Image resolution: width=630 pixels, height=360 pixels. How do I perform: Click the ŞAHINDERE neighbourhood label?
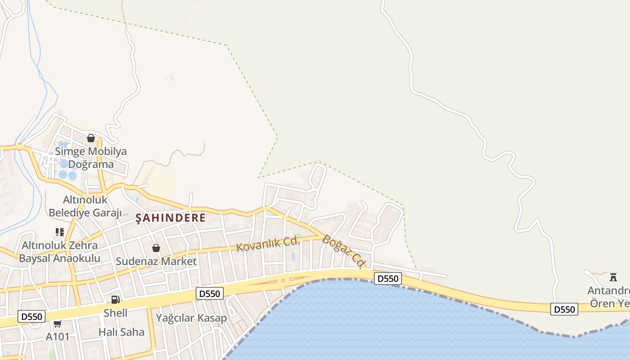[171, 218]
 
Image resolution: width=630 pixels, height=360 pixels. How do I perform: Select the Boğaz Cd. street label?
[343, 252]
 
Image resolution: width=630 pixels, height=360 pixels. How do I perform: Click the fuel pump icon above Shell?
[115, 300]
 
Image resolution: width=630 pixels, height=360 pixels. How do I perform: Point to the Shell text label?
[116, 313]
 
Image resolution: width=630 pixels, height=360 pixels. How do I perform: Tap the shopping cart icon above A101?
[58, 324]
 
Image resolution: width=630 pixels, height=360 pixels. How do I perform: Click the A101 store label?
[58, 336]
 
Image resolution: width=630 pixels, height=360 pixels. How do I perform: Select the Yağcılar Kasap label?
[191, 318]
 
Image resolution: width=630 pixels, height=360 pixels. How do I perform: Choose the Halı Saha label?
[121, 332]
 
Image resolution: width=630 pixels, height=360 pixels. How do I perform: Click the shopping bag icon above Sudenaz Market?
[156, 248]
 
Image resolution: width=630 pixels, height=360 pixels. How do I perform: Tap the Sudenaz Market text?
[156, 261]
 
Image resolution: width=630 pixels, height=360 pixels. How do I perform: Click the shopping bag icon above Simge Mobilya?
[91, 138]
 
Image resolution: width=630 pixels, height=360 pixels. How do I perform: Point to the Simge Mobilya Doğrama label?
[91, 157]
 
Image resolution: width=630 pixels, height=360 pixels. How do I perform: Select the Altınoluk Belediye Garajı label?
[85, 206]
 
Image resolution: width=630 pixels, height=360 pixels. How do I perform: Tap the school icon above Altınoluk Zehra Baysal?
[60, 232]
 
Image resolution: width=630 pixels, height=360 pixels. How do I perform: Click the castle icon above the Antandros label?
[613, 277]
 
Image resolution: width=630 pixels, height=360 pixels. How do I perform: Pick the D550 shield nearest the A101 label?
[31, 316]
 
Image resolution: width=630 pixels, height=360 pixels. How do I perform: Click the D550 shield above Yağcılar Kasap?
[210, 294]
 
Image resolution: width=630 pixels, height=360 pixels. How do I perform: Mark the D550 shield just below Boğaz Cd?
[387, 279]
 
